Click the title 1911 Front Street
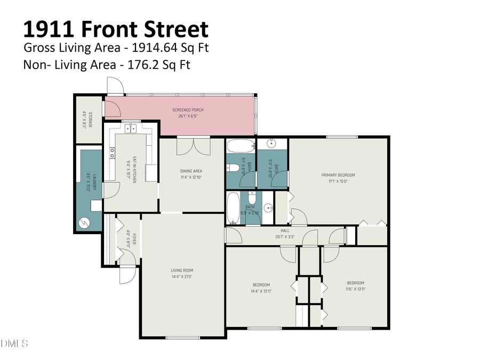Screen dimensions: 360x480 [x=116, y=28]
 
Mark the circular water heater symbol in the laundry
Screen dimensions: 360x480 [x=84, y=222]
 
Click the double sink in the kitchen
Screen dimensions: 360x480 [x=131, y=129]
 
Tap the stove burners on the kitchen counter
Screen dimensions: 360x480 [x=112, y=153]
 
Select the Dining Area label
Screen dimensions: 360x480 [x=190, y=171]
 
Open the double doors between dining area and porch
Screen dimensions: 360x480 [x=193, y=144]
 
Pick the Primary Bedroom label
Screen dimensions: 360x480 [x=338, y=175]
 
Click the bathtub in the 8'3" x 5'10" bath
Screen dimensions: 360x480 [x=233, y=209]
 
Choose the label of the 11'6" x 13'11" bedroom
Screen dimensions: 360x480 [x=356, y=283]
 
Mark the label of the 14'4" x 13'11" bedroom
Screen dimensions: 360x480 [x=261, y=285]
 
